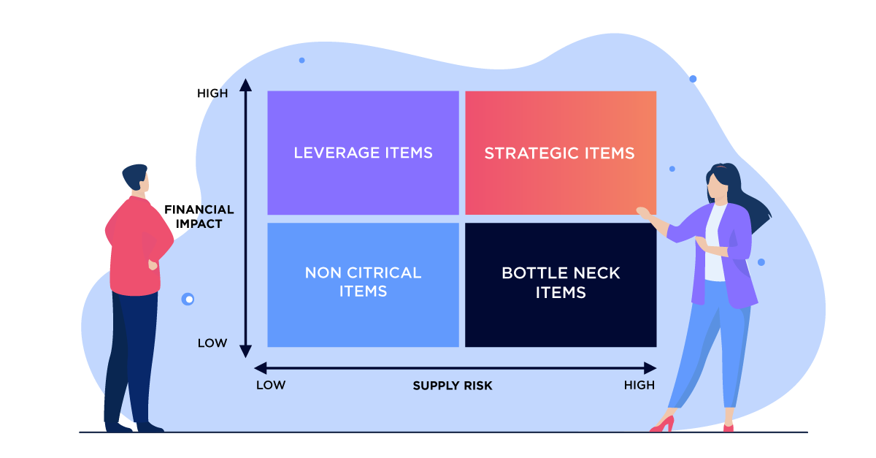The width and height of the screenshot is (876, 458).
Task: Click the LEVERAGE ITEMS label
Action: coord(363,153)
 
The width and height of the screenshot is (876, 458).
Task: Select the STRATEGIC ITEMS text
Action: coord(559,153)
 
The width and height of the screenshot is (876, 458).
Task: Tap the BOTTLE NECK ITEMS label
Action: coord(561,283)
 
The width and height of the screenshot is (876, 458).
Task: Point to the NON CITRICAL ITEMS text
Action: coord(363,282)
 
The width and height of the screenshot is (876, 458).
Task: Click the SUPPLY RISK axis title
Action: coord(453,386)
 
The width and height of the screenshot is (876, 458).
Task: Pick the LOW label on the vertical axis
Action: coord(212,343)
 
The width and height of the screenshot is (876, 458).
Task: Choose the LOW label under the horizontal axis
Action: coord(270,385)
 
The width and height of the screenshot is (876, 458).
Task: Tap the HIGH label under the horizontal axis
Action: coord(639,385)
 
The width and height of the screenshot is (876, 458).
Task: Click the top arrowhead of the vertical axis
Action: coord(246,84)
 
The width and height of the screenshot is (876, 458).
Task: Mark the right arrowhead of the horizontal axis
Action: coord(650,368)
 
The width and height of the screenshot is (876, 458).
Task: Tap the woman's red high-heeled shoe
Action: coord(663,424)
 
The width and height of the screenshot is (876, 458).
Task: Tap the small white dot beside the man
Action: coord(189,299)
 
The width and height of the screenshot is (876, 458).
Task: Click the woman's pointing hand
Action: coord(644,213)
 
